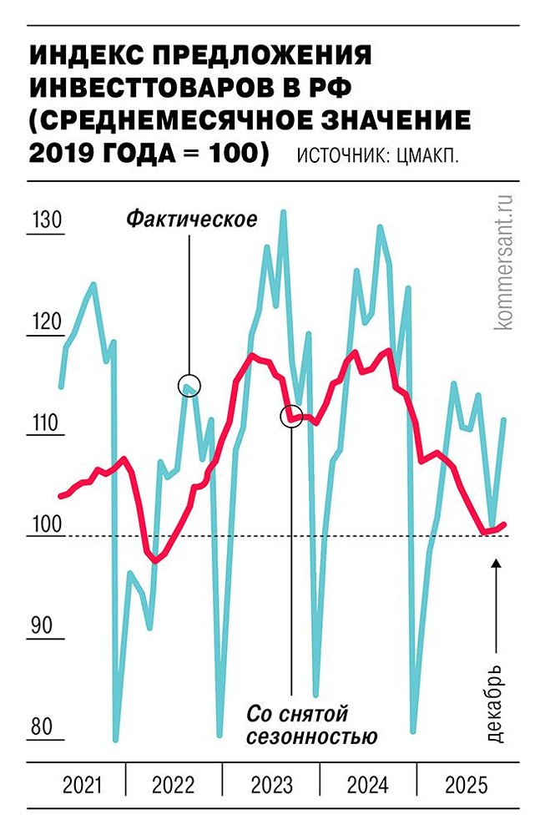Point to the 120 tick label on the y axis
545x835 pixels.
coord(46,323)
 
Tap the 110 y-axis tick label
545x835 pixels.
coord(46,424)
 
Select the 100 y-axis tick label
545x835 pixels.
coord(46,525)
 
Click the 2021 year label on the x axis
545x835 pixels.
coord(82,785)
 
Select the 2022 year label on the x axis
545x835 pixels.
coord(174,785)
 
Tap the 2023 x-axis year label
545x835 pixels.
coord(271,785)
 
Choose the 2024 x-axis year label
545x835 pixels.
coord(368,785)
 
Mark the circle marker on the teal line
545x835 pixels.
coord(189,384)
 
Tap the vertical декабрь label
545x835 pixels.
coord(494,702)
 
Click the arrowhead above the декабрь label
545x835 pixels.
coord(497,564)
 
